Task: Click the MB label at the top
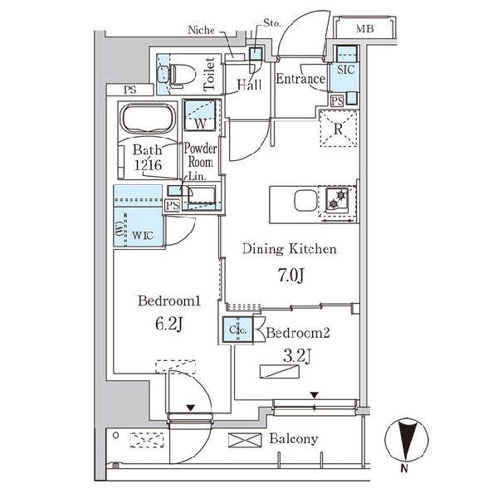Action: point(365,30)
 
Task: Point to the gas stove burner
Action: point(339,199)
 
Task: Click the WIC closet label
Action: point(144,235)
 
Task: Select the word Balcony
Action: point(293,439)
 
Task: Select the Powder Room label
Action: point(202,156)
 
